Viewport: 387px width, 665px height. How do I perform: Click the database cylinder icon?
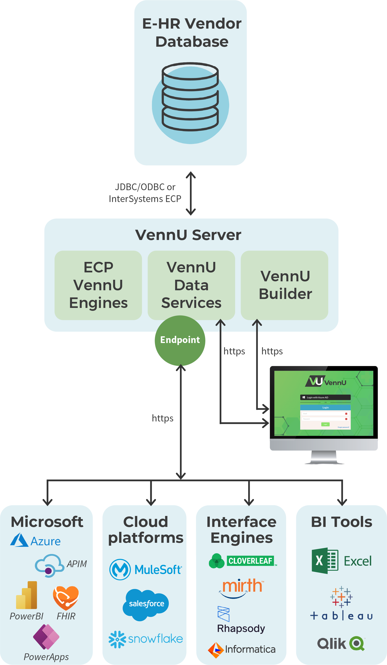point(190,97)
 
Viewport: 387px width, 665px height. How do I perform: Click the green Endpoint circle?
point(180,340)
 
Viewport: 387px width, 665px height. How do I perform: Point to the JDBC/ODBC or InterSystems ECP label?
point(145,193)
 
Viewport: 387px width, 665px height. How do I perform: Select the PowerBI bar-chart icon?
point(27,595)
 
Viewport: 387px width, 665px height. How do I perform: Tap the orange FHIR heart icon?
point(66,597)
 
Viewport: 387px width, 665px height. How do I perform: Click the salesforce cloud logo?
point(146,604)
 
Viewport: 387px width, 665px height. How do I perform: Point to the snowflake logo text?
point(155,639)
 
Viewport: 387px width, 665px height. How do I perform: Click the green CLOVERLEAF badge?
point(250,561)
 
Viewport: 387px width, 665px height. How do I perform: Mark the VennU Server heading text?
point(188,235)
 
